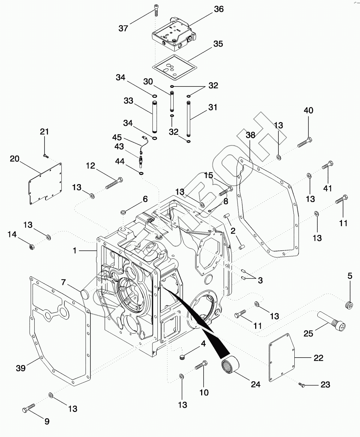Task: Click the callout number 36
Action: click(x=219, y=9)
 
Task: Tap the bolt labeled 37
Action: click(x=156, y=10)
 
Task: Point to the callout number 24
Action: click(x=255, y=384)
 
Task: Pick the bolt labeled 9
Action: click(x=28, y=408)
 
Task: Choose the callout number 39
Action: click(x=21, y=368)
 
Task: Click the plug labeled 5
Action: click(x=349, y=305)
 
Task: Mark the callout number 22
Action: click(x=318, y=358)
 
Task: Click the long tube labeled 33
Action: click(x=154, y=116)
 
